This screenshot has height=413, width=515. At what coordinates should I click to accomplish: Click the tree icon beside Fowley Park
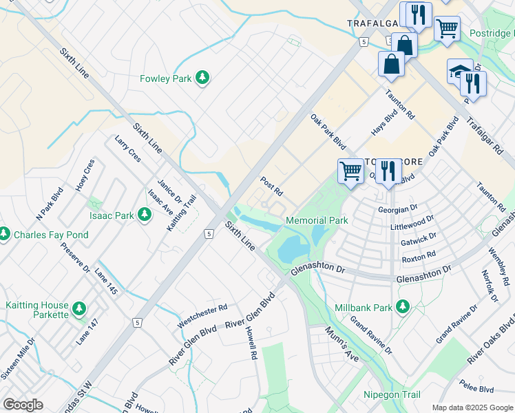pos(202,78)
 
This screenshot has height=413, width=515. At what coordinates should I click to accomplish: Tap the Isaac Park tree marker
pos(144,215)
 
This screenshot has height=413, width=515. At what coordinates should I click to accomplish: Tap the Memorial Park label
pos(317,220)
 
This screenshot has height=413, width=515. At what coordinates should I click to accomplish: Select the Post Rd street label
pos(272,185)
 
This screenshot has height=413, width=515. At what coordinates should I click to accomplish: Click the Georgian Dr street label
pos(398,209)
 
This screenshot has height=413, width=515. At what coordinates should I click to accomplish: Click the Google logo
pos(23,404)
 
